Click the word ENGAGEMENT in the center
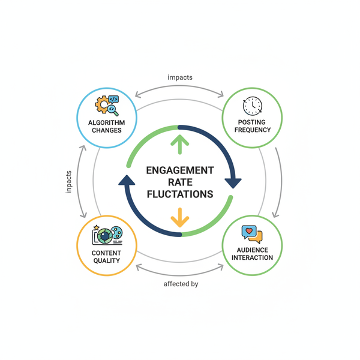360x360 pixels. (180, 170)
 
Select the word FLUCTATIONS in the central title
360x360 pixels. (180, 194)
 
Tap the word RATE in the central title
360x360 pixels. (180, 182)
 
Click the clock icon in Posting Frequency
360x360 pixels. (251, 106)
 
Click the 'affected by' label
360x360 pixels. (181, 284)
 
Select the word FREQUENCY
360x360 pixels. (252, 130)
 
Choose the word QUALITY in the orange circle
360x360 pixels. (106, 261)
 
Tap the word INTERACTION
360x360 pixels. (252, 257)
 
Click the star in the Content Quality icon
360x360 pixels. (96, 227)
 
